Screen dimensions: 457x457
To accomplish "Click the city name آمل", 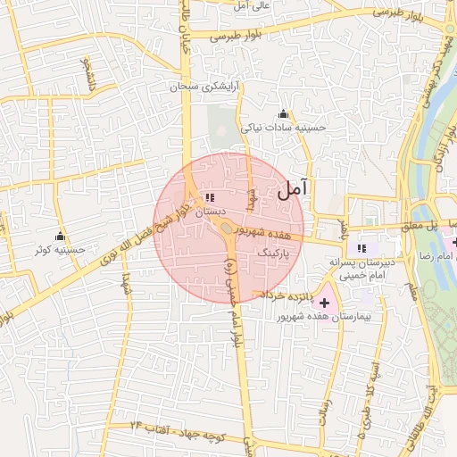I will (293, 188).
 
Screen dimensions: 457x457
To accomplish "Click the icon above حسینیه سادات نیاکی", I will (284, 114).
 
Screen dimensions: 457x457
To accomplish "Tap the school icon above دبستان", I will (209, 197).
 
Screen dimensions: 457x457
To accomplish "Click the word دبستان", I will (206, 212).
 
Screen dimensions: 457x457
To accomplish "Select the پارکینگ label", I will (273, 253).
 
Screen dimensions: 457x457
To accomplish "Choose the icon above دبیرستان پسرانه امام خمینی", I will (361, 248).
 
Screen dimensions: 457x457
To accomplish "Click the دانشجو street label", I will (88, 75).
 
